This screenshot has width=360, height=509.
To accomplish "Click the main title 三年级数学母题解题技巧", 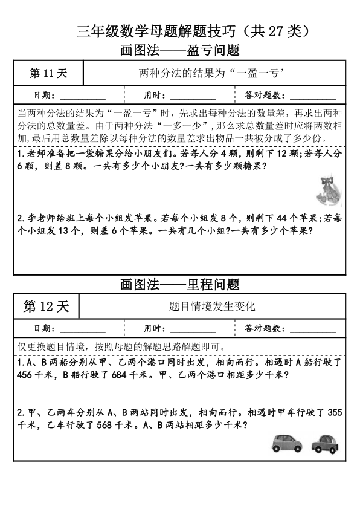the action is (180, 30).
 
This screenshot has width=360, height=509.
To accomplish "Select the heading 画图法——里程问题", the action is (180, 283).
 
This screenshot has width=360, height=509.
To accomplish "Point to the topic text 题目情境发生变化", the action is (213, 306).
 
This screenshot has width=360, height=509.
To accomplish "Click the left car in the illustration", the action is (286, 443).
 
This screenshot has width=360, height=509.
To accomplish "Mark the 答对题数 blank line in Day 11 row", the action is (313, 97).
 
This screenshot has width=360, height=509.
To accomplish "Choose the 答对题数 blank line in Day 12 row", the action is (313, 329).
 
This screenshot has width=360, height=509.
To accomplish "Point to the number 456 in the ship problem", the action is (26, 375).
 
